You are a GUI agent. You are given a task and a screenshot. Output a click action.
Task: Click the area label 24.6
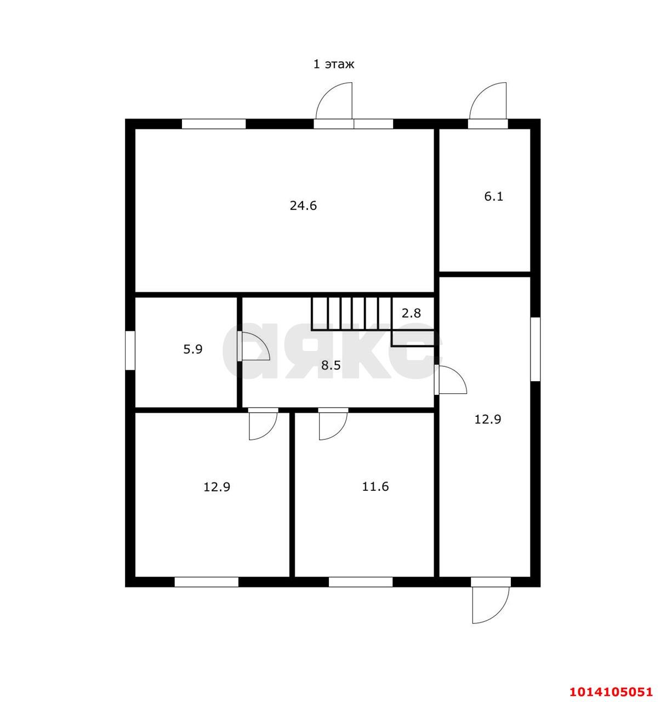point(303,206)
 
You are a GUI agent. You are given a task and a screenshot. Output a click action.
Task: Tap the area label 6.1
point(494,197)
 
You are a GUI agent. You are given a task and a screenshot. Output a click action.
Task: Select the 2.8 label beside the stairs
point(411,313)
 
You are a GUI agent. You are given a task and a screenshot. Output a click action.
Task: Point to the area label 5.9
point(193,349)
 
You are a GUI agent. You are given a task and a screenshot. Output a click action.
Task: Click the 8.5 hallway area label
point(331,365)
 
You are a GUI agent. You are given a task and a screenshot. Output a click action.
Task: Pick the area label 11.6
point(375,486)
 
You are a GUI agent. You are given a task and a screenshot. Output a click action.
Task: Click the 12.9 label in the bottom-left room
point(217,486)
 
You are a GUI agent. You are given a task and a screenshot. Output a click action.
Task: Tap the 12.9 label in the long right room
point(487,419)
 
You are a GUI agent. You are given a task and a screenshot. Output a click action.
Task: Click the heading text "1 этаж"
point(334,64)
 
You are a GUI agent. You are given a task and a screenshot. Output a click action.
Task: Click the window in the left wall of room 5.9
point(130,350)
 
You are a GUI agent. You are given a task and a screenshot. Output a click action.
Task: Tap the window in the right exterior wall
point(535,349)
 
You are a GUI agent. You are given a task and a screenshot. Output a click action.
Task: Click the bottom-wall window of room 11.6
point(361,582)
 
